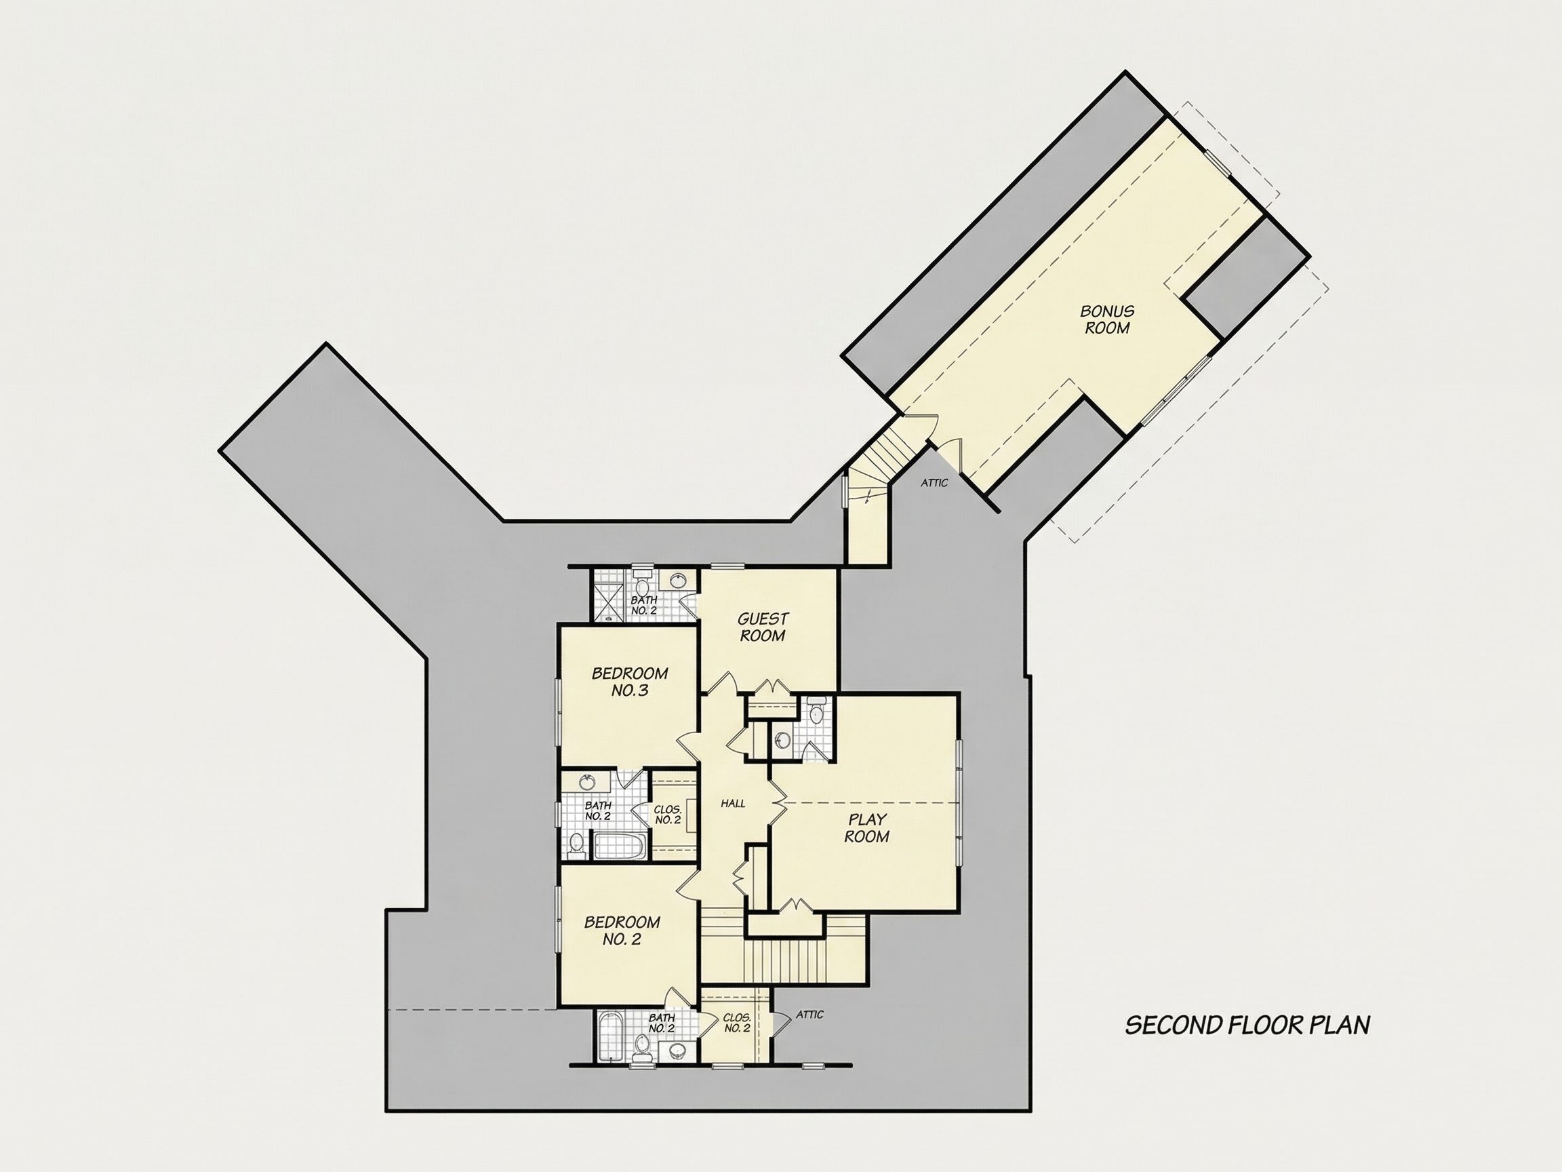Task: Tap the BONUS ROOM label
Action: pyautogui.click(x=1107, y=319)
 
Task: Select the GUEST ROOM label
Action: pyautogui.click(x=763, y=627)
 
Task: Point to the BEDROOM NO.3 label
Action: pyautogui.click(x=630, y=682)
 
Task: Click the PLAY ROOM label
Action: pyautogui.click(x=867, y=828)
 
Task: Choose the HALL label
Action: pyautogui.click(x=733, y=803)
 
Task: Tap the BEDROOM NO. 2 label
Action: pyautogui.click(x=622, y=931)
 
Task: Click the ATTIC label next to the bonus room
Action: pyautogui.click(x=934, y=483)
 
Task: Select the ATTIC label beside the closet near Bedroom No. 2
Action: pyautogui.click(x=810, y=1015)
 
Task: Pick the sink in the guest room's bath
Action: pyautogui.click(x=680, y=581)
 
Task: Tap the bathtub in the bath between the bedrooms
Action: pyautogui.click(x=619, y=846)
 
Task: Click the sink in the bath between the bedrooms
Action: pyautogui.click(x=586, y=782)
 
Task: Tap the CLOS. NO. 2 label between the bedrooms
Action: pyautogui.click(x=667, y=815)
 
